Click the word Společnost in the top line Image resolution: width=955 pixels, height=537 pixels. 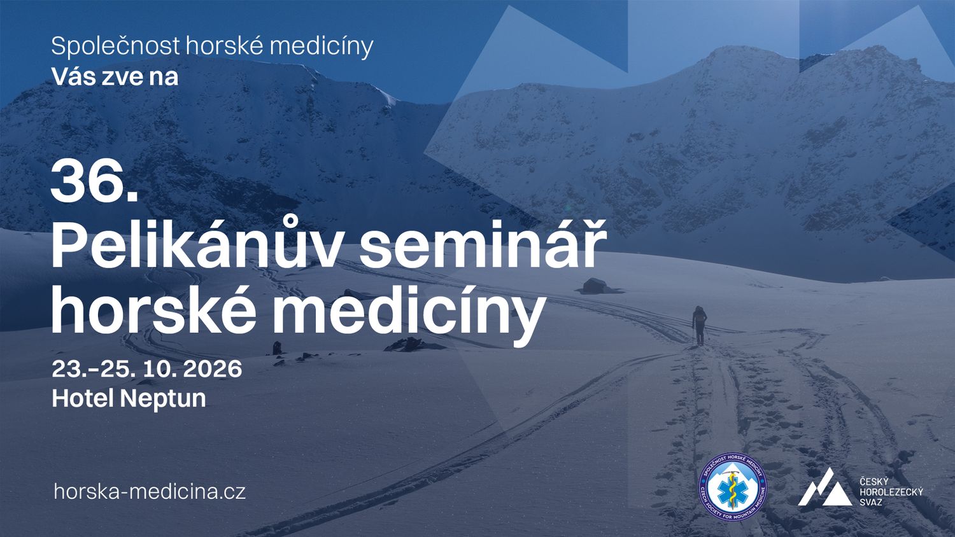[x=115, y=46]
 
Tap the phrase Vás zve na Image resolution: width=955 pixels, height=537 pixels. [x=115, y=77]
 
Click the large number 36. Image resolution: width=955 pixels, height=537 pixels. [x=95, y=180]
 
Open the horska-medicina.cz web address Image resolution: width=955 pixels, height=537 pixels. [x=150, y=492]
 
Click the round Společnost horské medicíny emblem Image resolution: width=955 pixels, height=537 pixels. [x=732, y=487]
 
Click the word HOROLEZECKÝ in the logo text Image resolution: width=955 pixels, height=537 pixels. [x=891, y=492]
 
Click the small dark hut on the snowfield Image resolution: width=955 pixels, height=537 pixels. [x=595, y=286]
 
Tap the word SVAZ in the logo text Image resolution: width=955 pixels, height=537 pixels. [x=870, y=503]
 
